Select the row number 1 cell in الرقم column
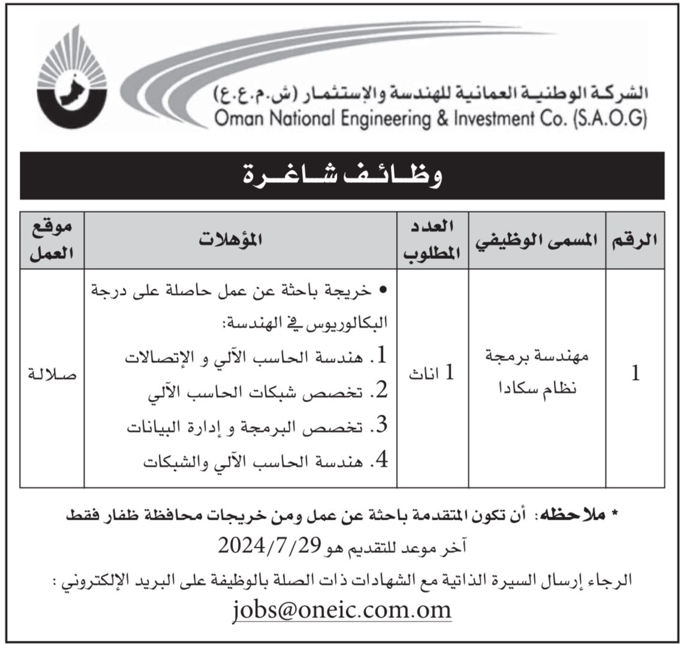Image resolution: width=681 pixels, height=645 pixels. tap(635, 374)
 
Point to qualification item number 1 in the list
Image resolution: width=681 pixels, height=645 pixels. tap(258, 358)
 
